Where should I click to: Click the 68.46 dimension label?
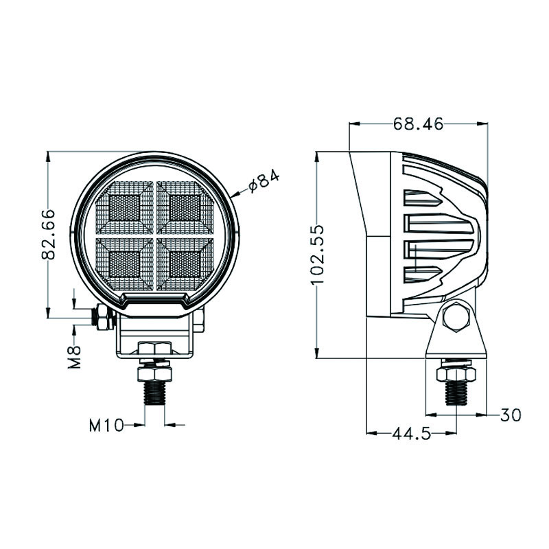pos(418,124)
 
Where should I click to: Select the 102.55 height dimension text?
pos(318,255)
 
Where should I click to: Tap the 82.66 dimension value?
pos(48,234)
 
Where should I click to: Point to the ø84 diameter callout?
pos(264,181)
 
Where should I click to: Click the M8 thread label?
pos(75,357)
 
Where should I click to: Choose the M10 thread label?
pos(106,425)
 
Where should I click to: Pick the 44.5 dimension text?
pos(411,434)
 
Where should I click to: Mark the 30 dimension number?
pos(511,415)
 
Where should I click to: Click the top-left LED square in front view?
pos(124,208)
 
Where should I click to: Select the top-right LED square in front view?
pos(185,208)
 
